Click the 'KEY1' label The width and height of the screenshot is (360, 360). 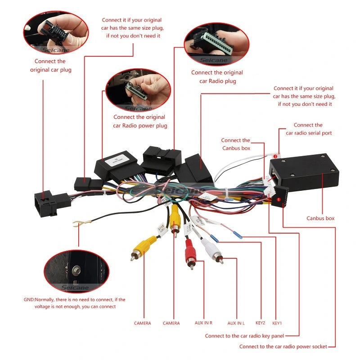(x=277, y=323)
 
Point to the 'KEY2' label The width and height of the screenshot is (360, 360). (x=260, y=323)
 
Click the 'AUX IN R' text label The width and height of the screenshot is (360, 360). (x=203, y=323)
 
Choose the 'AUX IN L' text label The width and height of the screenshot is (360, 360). (x=236, y=323)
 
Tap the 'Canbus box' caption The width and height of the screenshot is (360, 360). (x=320, y=218)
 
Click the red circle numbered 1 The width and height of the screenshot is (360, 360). (x=279, y=199)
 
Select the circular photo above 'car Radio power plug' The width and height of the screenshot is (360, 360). (x=138, y=90)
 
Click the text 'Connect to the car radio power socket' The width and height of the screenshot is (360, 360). (x=283, y=346)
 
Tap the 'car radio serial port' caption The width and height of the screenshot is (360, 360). (x=309, y=133)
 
